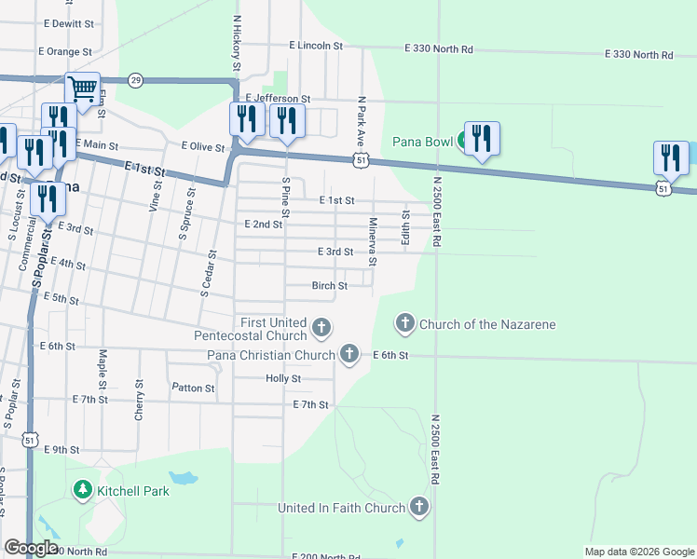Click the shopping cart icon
point(83,89)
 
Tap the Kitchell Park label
point(132,490)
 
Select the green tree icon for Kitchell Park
point(82,489)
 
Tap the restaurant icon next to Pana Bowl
point(481,138)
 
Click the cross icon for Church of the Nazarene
point(405,324)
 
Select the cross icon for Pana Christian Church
point(348,354)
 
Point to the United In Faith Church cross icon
point(419,507)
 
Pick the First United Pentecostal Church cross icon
point(321,326)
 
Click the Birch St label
point(330,286)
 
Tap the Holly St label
point(283,378)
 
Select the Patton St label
point(194,388)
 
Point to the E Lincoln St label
point(316,45)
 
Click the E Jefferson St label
point(278,98)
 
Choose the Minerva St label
point(372,241)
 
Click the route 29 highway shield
point(136,80)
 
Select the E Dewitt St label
point(67,22)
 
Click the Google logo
point(32,548)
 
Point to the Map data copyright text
point(638,552)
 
